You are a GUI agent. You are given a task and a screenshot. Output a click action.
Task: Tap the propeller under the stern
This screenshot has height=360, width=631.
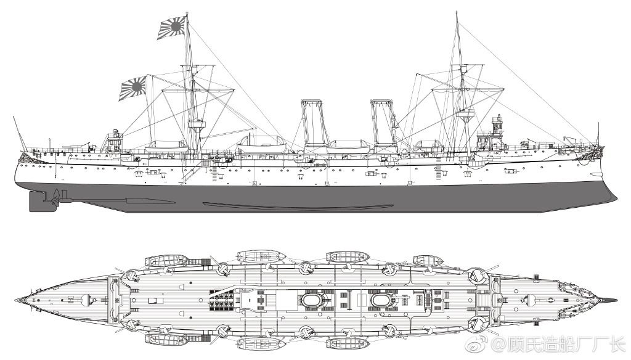point(57,197)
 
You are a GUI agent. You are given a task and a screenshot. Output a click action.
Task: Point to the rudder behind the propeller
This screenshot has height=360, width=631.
point(39,201)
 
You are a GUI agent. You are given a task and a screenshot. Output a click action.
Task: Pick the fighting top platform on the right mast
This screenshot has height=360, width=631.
point(465,113)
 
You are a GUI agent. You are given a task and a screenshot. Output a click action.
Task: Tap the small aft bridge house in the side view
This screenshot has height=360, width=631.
point(113,141)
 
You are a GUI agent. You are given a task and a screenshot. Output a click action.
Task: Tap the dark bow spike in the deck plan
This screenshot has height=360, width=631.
point(610,300)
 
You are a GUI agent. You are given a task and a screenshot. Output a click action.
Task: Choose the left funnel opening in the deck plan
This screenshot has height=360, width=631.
point(314,300)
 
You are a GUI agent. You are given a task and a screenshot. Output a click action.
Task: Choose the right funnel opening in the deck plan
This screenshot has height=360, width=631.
point(383,300)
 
